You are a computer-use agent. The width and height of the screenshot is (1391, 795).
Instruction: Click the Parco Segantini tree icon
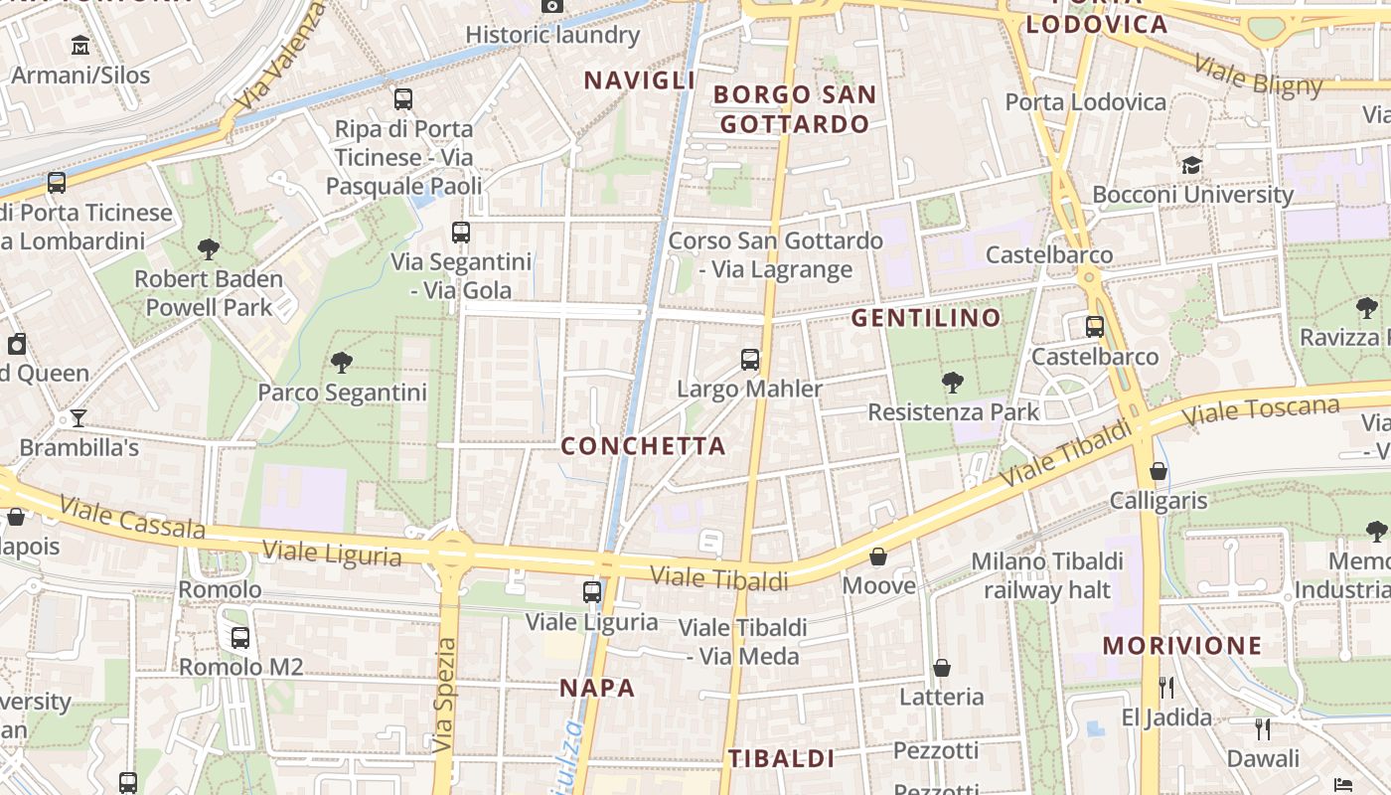(342, 362)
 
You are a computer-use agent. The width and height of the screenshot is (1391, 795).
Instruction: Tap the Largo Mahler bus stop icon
(750, 359)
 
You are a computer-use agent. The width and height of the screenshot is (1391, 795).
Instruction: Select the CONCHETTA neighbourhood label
(644, 446)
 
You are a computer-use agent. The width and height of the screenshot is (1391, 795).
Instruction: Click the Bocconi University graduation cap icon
(1191, 165)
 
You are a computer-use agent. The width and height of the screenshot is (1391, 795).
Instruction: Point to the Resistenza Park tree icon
(952, 382)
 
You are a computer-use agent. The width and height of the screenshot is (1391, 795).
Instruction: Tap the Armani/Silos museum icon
(80, 45)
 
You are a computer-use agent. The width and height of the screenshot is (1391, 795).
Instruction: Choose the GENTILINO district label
(926, 318)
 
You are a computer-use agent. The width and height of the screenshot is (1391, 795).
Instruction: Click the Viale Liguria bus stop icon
(592, 592)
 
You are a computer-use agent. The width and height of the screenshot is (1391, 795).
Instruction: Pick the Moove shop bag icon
(878, 556)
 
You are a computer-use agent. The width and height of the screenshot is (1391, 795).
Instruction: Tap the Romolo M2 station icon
(239, 637)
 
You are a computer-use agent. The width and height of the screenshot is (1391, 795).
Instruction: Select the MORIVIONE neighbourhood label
(1181, 646)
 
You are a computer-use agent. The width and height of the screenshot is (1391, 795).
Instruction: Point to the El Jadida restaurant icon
(1166, 687)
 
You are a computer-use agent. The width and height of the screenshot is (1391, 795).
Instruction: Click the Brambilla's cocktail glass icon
(78, 417)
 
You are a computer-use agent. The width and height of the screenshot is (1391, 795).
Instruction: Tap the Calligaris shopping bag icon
(1158, 471)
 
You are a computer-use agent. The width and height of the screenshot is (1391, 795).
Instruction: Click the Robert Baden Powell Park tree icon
(209, 248)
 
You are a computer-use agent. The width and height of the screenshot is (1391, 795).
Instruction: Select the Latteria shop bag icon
(941, 668)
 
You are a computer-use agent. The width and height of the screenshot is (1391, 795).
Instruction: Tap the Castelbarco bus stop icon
(1094, 326)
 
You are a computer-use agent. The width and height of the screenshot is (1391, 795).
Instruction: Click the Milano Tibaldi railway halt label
(1047, 575)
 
